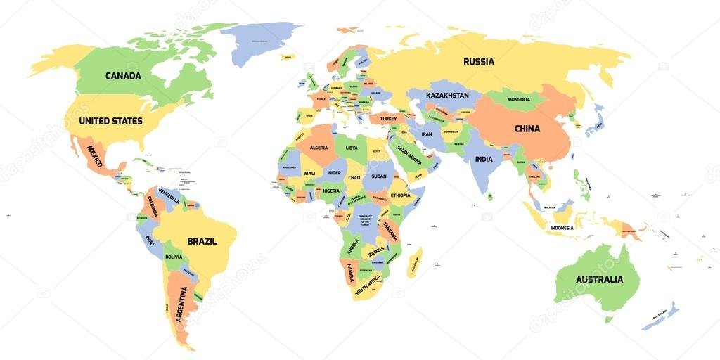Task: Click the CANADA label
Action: (x=123, y=76)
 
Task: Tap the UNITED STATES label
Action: (x=110, y=121)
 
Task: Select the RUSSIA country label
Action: (x=478, y=62)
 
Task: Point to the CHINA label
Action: (x=527, y=129)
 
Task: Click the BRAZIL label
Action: (x=202, y=241)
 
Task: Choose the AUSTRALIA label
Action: (x=599, y=279)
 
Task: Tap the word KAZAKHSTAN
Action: (x=447, y=95)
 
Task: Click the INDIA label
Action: (x=484, y=159)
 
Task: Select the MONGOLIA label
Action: (x=519, y=99)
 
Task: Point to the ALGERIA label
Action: (x=319, y=148)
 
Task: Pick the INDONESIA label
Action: (x=562, y=228)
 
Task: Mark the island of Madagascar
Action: (x=415, y=262)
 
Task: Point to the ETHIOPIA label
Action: (x=400, y=195)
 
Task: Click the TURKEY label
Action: (x=389, y=119)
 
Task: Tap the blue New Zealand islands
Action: (x=662, y=316)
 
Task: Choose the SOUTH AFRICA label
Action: (x=367, y=284)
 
